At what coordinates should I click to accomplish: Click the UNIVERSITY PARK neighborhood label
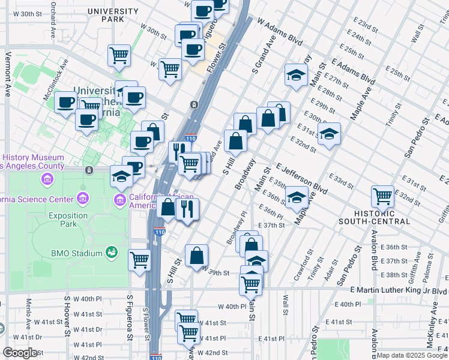coord(113,15)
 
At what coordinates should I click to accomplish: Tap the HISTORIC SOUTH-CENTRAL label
coord(381,217)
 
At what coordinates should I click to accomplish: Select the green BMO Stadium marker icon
coord(110,253)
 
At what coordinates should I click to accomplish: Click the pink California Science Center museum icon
coord(83,198)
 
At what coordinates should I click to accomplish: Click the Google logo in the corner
coord(20,353)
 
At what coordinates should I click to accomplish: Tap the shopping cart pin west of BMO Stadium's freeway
coord(139,260)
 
